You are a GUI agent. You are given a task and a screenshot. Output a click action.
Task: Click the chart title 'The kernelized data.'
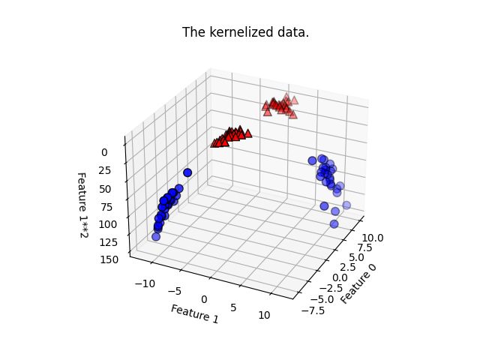pos(239,33)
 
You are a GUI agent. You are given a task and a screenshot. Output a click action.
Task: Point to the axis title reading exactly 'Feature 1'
pos(194,313)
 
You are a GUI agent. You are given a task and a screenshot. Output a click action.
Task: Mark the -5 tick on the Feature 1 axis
pos(174,290)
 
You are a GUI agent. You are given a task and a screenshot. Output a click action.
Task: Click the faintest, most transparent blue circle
pos(346,205)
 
